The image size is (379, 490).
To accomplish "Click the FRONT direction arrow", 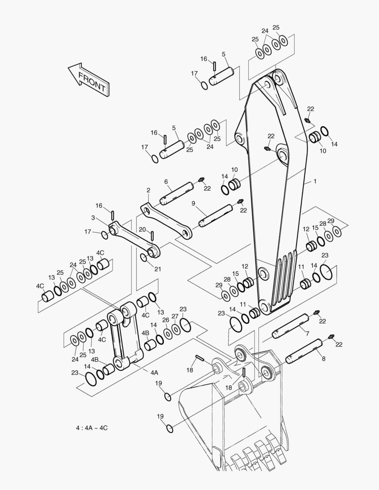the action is pyautogui.click(x=89, y=79).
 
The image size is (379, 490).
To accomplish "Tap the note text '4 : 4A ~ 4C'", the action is pyautogui.click(x=92, y=428).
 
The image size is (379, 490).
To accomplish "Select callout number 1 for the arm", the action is pyautogui.click(x=315, y=181).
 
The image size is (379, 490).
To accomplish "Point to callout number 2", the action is pyautogui.click(x=148, y=190).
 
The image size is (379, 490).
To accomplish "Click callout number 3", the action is pyautogui.click(x=93, y=217).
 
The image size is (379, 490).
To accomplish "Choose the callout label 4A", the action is pyautogui.click(x=154, y=372).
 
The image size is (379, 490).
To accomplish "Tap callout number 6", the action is pyautogui.click(x=166, y=181).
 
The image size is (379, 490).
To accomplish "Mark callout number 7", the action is pyautogui.click(x=307, y=334).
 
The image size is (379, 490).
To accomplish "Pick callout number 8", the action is pyautogui.click(x=324, y=359).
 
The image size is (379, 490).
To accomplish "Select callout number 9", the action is pyautogui.click(x=193, y=203).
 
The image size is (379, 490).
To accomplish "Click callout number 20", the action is pyautogui.click(x=142, y=230).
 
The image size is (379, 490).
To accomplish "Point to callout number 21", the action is pyautogui.click(x=158, y=269).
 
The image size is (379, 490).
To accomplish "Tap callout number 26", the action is pyautogui.click(x=166, y=320).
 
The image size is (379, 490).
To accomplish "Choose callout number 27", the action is pyautogui.click(x=175, y=316).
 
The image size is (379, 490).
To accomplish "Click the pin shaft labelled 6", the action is pyautogui.click(x=177, y=193).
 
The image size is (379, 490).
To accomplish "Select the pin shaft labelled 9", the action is pyautogui.click(x=216, y=216).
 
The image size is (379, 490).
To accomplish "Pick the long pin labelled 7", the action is pyautogui.click(x=290, y=326).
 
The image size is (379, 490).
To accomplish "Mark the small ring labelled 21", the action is pyautogui.click(x=144, y=258).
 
